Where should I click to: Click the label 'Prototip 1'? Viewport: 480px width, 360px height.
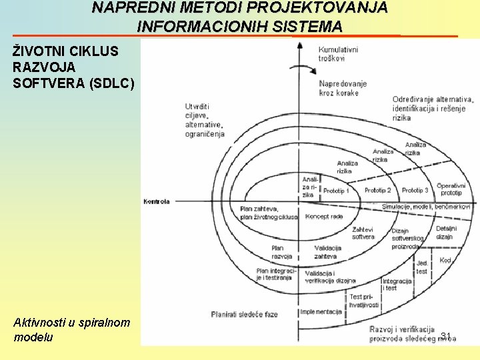336,191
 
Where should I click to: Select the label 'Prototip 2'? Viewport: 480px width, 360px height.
378,191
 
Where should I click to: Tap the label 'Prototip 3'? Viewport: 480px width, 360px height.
415,191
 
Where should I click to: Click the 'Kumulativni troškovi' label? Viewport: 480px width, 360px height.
338,54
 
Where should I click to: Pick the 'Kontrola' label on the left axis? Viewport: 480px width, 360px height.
157,201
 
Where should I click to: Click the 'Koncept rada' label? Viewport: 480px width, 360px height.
325,217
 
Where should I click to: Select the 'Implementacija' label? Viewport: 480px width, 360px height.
321,311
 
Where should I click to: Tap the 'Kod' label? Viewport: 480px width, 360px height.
446,260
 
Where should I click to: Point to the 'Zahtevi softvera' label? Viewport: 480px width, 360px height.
363,233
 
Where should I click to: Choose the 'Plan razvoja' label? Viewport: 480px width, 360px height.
281,252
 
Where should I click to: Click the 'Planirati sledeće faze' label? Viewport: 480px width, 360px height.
244,314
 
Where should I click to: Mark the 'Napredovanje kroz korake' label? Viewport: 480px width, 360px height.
343,89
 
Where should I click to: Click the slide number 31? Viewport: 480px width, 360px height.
447,335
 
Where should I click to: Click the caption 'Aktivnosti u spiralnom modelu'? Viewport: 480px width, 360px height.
71,329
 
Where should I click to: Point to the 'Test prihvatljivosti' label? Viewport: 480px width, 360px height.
364,301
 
